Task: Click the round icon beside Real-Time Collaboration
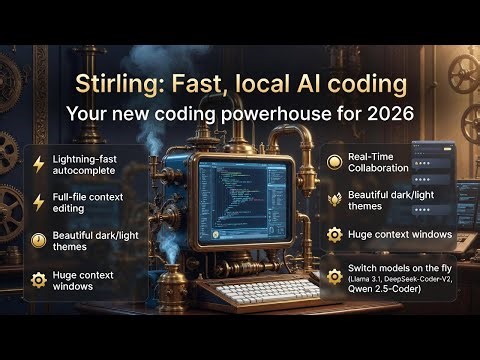click(333, 163)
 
